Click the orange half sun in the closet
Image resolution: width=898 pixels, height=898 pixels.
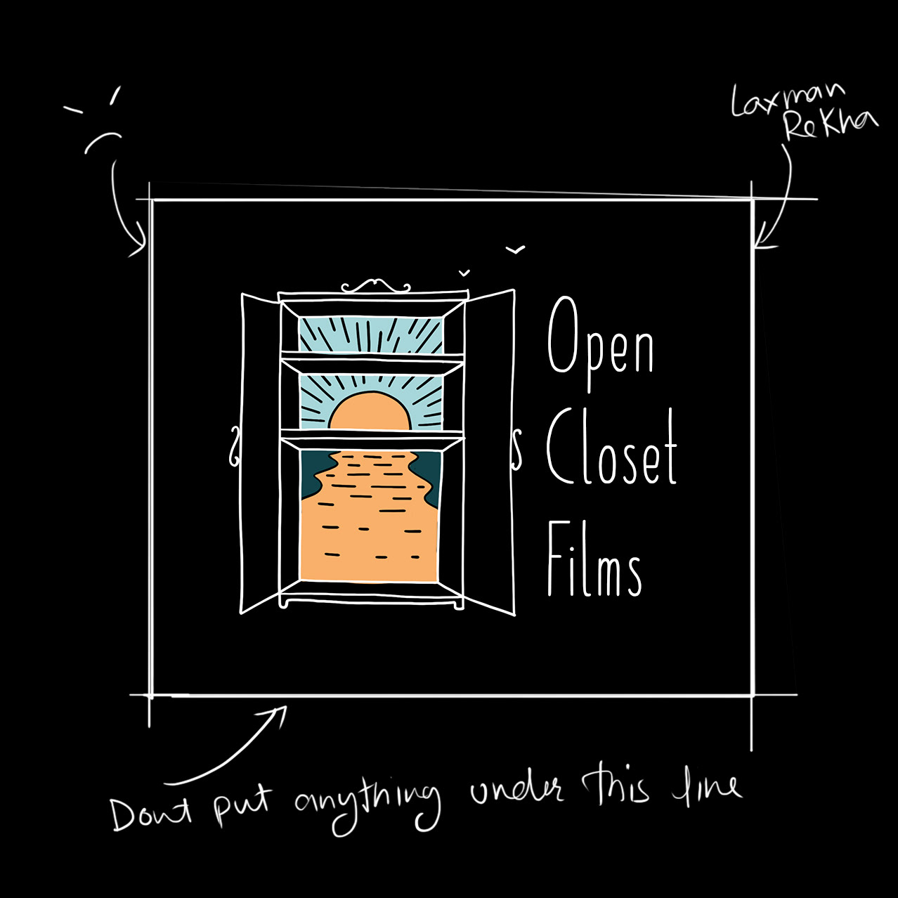click(x=370, y=412)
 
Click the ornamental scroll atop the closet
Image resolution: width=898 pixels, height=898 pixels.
click(x=375, y=286)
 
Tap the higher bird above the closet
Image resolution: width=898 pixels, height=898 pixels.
click(x=516, y=249)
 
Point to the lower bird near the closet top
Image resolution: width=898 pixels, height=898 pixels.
click(x=464, y=272)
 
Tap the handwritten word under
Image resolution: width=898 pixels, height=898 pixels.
click(x=517, y=792)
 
